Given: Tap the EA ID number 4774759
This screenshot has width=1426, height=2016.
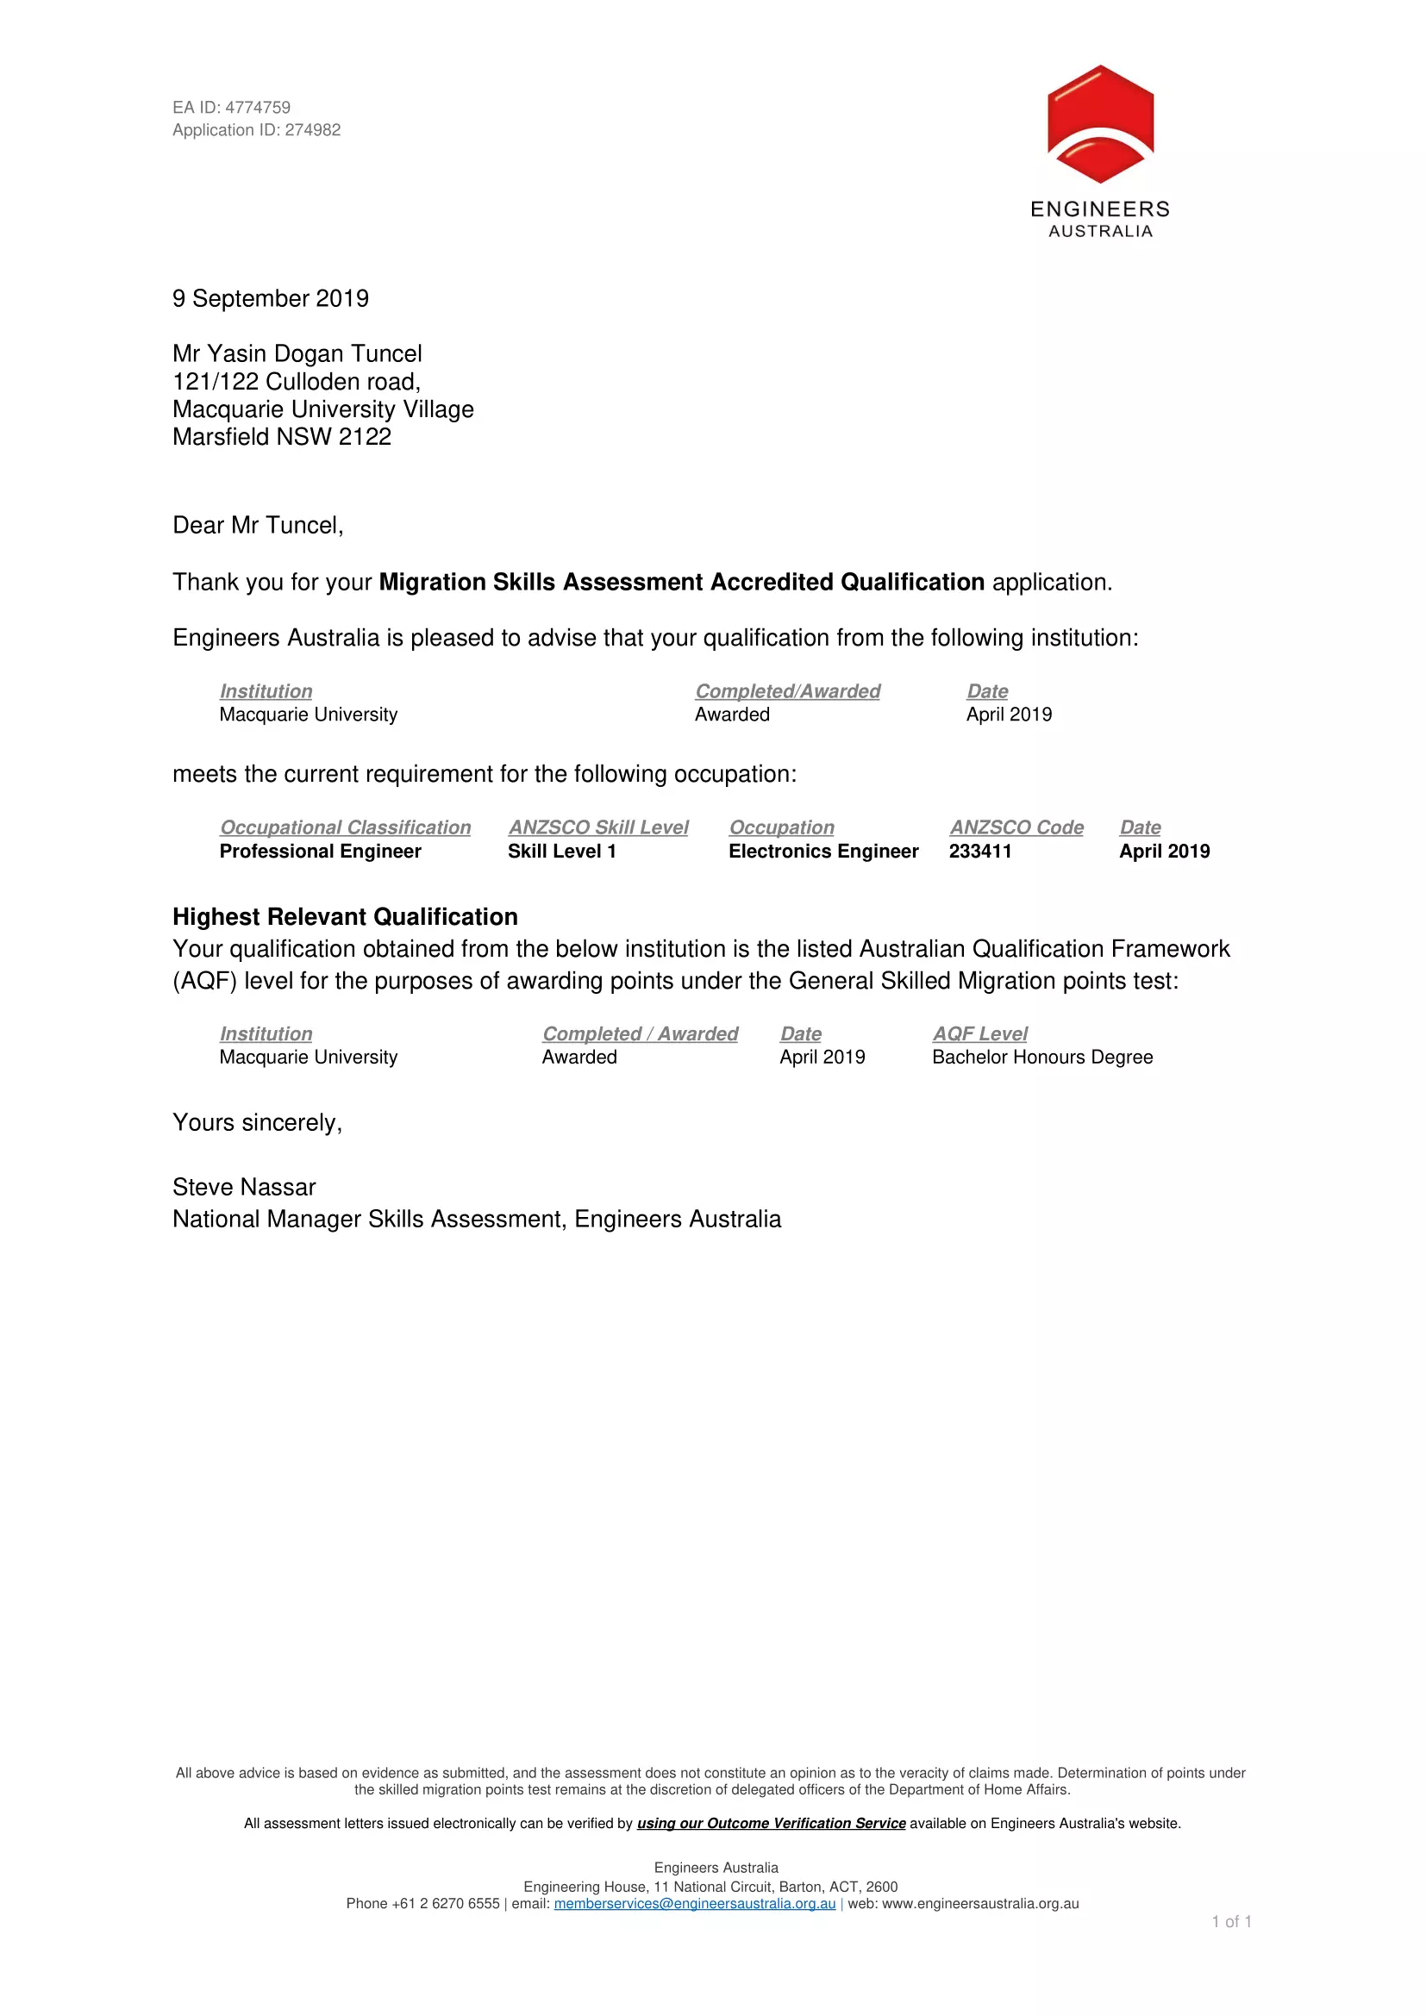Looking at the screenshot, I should tap(257, 107).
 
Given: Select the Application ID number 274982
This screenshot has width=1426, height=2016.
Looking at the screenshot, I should tap(313, 130).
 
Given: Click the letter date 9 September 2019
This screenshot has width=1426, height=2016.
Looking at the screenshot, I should tap(271, 298).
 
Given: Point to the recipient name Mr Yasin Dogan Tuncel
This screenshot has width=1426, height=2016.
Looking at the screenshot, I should tap(297, 354).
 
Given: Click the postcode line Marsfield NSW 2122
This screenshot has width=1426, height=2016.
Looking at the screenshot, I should tap(282, 437).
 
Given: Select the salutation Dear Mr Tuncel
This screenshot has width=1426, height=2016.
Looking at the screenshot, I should tap(257, 525).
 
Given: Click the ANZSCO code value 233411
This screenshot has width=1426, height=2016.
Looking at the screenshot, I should tap(980, 851).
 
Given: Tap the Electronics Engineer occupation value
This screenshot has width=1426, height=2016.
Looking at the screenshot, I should tap(823, 851).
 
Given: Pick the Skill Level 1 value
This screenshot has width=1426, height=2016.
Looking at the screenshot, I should tap(562, 851).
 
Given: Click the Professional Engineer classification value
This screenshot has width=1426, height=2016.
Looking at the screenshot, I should tap(321, 851).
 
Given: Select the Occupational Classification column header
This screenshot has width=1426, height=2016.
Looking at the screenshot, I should tap(345, 827).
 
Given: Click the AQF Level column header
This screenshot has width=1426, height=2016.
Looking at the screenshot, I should tap(980, 1033).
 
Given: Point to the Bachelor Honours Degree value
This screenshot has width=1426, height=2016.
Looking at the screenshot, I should tap(1042, 1058).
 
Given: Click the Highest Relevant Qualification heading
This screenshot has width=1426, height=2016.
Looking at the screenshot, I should tap(345, 917).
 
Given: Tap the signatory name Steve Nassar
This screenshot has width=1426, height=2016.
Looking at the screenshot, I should tap(244, 1187).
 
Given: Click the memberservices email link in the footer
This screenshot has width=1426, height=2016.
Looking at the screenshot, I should tap(695, 1904).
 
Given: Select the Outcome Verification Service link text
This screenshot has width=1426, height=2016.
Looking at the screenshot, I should tap(771, 1823).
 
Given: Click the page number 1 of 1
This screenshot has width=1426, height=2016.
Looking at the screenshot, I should tap(1232, 1921).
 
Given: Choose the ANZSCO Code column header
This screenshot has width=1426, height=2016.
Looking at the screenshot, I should tap(1016, 827).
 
